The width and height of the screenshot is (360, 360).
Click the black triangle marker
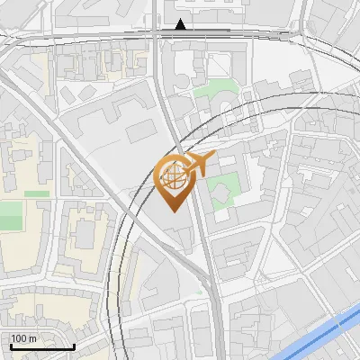(181, 24)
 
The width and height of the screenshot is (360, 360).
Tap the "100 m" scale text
(23, 338)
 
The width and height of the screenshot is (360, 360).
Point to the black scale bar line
(41, 346)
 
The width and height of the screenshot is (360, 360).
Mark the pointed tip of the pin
(174, 211)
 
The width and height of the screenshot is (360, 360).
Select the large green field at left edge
(9, 216)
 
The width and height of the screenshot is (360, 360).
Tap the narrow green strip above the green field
(36, 193)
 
